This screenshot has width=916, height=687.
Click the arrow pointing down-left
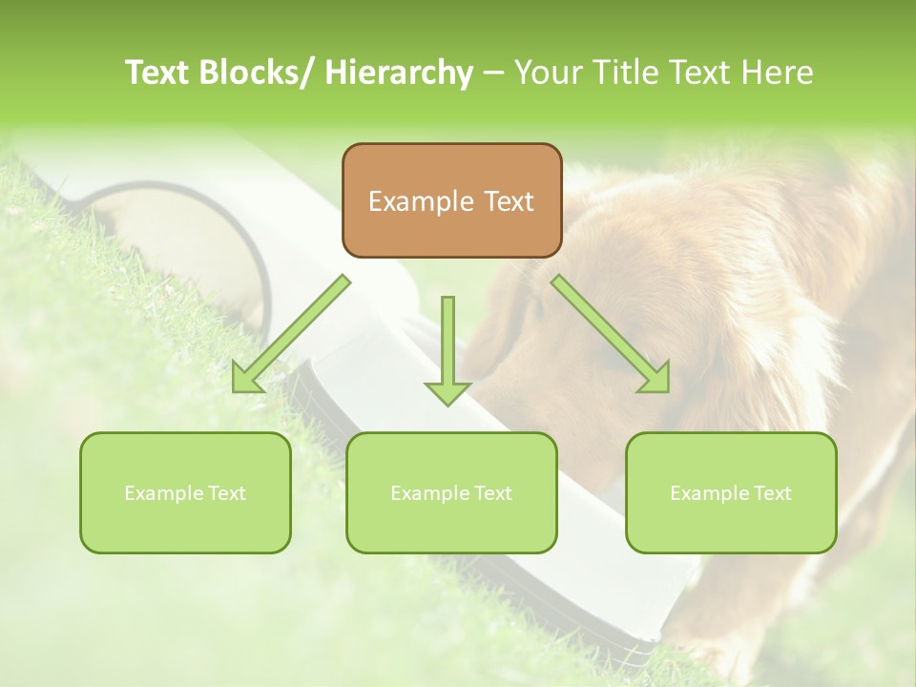click(x=291, y=333)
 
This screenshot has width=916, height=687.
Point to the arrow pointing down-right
click(x=610, y=333)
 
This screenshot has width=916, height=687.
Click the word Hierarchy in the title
click(x=399, y=73)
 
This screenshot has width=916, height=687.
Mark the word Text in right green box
click(x=772, y=493)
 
